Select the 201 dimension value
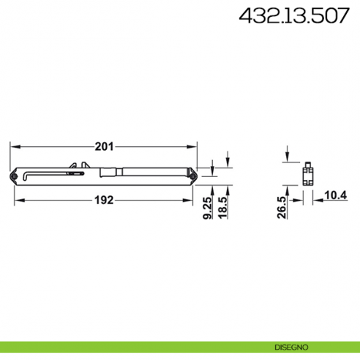tap(105, 146)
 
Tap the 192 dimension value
tap(105, 201)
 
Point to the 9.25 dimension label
tap(208, 208)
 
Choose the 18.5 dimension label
tap(222, 208)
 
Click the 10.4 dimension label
tap(336, 195)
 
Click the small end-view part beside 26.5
tap(308, 176)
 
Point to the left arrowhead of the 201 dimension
tap(13, 146)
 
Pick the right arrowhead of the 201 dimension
tap(196, 146)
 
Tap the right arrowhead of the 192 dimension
tap(190, 201)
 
